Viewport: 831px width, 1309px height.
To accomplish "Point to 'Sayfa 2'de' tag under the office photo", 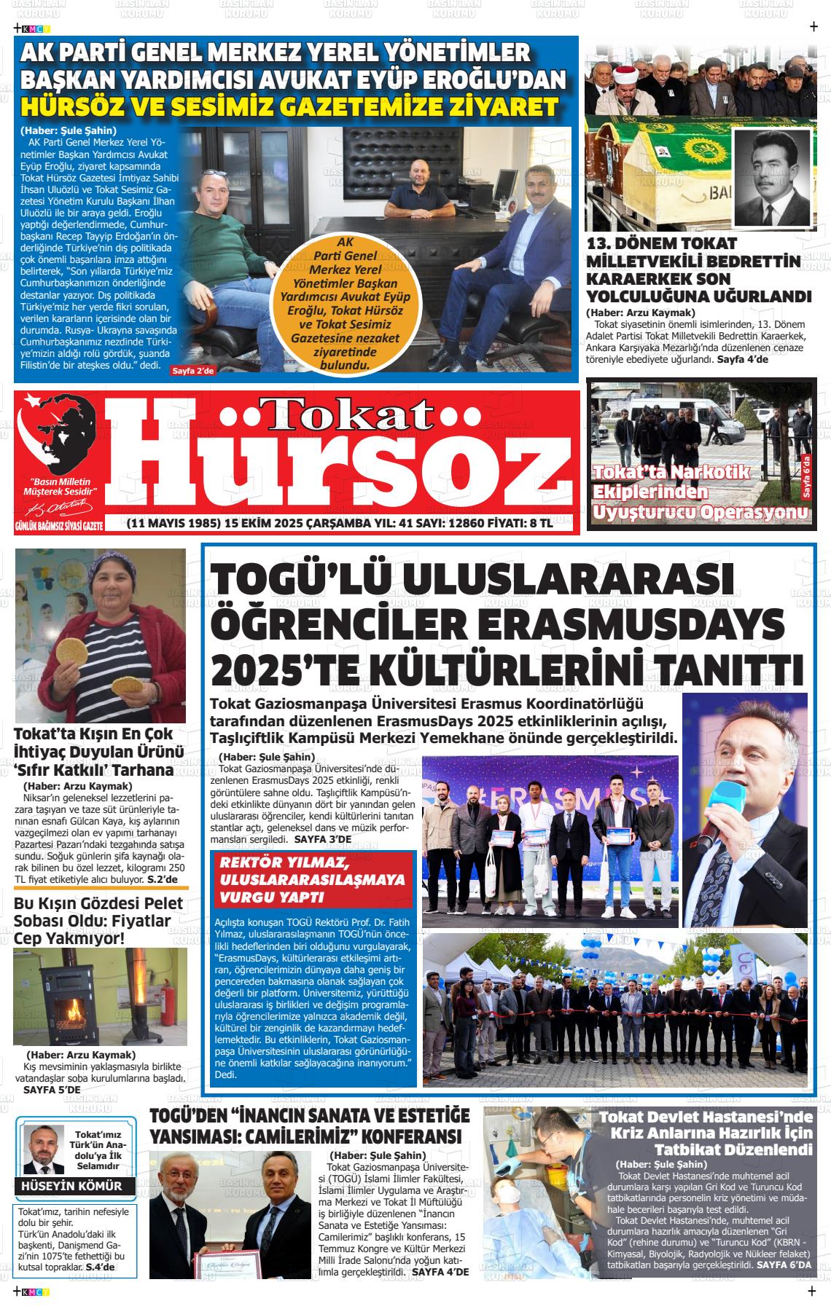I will pos(193,371).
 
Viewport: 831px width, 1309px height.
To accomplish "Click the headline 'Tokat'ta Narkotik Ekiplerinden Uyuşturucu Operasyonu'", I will pos(699,492).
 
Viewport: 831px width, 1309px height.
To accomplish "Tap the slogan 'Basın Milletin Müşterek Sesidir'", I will pos(61,487).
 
